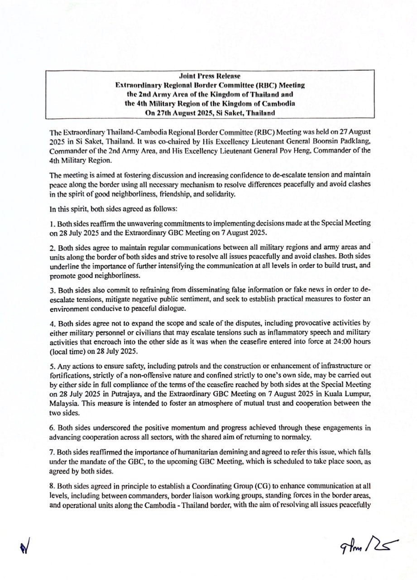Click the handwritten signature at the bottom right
point(363,544)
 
